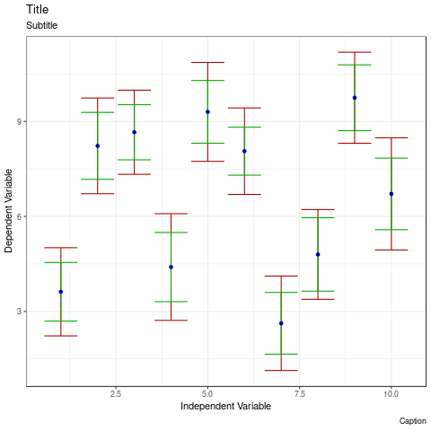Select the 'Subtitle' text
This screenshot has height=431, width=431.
41,26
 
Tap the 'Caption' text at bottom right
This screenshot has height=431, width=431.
412,421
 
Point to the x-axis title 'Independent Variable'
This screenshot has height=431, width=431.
225,407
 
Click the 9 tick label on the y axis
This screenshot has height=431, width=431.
19,122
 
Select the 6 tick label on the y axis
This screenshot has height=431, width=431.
19,216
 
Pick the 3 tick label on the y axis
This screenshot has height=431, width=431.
19,312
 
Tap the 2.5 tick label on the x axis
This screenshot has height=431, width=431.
116,394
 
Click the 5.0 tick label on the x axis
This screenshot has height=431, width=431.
207,394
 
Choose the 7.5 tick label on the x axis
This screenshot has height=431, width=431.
300,394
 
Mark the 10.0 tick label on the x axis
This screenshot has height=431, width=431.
391,394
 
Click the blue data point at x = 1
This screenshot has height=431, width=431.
61,292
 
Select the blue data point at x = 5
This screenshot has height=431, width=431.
207,112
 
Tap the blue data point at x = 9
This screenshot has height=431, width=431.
355,98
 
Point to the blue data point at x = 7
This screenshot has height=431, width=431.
281,323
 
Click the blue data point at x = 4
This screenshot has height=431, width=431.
171,267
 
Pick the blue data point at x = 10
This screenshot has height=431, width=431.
391,194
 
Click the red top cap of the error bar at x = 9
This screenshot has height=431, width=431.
355,52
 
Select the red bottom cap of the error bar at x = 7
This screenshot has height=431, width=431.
281,370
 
